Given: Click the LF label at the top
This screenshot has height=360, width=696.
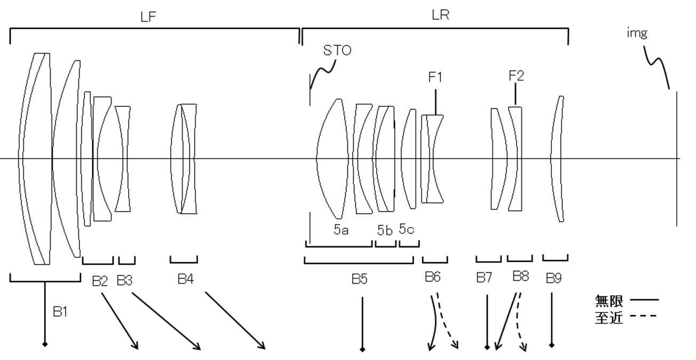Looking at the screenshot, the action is [148, 17].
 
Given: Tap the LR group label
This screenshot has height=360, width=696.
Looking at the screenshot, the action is [440, 15].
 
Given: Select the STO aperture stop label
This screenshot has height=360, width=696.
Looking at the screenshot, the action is [337, 50].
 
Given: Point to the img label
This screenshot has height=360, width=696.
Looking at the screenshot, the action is [637, 33].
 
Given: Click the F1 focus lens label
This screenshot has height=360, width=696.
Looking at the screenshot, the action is [435, 77].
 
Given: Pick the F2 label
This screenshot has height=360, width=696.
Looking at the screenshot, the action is [516, 76].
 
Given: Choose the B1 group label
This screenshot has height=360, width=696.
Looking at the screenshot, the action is [60, 311].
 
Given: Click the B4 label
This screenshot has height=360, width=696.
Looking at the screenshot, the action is [186, 279].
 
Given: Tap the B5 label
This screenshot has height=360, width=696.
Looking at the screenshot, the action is [360, 279].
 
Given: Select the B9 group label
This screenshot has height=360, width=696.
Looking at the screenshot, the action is [553, 278].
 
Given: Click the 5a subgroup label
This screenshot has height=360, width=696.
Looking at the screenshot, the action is [341, 230].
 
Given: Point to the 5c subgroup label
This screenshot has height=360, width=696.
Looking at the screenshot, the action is [406, 229].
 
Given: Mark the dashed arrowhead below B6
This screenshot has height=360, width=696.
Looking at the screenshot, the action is [455, 345].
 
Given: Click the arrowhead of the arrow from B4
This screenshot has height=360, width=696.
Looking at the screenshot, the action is [262, 346].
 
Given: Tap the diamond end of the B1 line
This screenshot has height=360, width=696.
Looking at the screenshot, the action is [45, 344].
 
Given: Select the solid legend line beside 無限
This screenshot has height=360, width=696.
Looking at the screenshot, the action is [644, 300].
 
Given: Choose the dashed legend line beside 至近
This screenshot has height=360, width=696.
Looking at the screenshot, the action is [643, 316].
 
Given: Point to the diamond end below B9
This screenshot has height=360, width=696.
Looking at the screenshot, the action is [551, 345].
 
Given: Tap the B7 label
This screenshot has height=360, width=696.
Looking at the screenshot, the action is [484, 278].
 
